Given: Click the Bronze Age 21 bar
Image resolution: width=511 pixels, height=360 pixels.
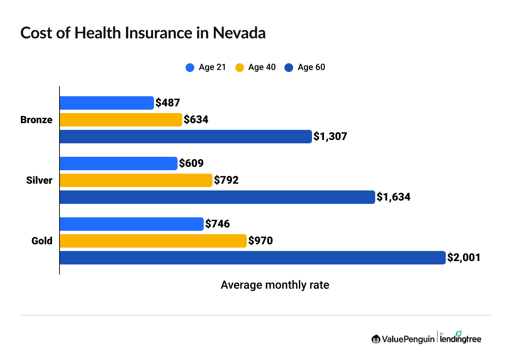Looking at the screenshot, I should tap(107, 103).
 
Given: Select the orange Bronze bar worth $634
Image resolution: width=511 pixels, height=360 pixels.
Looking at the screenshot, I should tap(121, 120).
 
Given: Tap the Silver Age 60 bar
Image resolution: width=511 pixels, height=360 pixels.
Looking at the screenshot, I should tap(217, 197).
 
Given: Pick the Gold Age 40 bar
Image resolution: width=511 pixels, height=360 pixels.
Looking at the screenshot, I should tap(153, 241).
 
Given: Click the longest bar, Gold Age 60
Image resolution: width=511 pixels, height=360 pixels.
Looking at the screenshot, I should tap(252, 258).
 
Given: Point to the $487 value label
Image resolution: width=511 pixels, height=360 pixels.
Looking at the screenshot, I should tap(168, 103).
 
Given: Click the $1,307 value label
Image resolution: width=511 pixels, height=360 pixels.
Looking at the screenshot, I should tap(330, 136).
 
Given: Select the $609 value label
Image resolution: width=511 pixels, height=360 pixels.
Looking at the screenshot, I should tap(191, 163).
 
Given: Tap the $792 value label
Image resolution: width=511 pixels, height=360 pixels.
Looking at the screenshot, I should tap(226, 180).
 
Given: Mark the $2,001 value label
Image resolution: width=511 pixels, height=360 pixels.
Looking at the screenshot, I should tap(464, 257).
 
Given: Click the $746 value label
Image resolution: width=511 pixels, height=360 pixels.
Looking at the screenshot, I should tap(218, 224).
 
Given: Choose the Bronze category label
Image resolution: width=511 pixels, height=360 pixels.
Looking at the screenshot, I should tap(36, 120).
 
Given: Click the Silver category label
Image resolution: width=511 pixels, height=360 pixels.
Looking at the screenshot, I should tap(39, 180).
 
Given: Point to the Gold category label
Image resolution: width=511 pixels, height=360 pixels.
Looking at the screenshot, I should tap(42, 241).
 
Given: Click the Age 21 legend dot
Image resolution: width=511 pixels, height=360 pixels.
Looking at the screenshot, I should tap(190, 68).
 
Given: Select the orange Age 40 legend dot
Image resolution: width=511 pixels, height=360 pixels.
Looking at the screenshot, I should tap(239, 68).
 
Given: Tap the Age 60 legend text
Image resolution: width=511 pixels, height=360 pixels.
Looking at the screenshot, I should tap(311, 67).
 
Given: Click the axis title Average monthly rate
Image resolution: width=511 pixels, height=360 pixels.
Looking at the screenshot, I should tap(275, 285).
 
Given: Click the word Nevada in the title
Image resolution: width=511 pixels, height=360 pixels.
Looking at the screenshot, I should tap(239, 33).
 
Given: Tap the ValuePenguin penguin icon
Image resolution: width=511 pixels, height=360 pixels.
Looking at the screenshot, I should tap(376, 339).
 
